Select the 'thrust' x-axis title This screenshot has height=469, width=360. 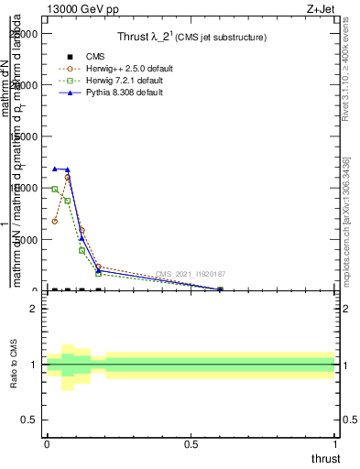(x=325, y=459)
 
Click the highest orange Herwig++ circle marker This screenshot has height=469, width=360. (x=68, y=178)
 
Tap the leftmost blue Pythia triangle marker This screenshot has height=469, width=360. (x=55, y=169)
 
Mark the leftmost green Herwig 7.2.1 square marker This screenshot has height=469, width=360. (x=55, y=189)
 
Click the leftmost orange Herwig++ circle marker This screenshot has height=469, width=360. (x=55, y=222)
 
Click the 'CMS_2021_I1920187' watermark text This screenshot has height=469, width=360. (x=191, y=274)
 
